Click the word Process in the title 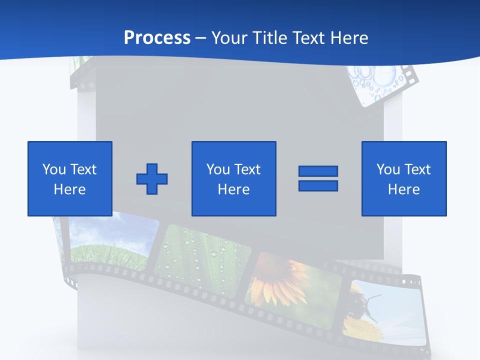tap(157, 37)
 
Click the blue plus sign tap(152, 178)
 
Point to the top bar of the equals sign tap(318, 171)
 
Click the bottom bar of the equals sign tap(318, 185)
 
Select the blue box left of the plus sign tap(70, 178)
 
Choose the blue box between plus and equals tap(233, 178)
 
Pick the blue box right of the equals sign tap(404, 178)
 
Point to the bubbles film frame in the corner tap(377, 82)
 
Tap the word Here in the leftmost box tap(70, 189)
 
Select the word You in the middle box tap(218, 169)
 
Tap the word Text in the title tap(306, 37)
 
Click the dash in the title tap(201, 38)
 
